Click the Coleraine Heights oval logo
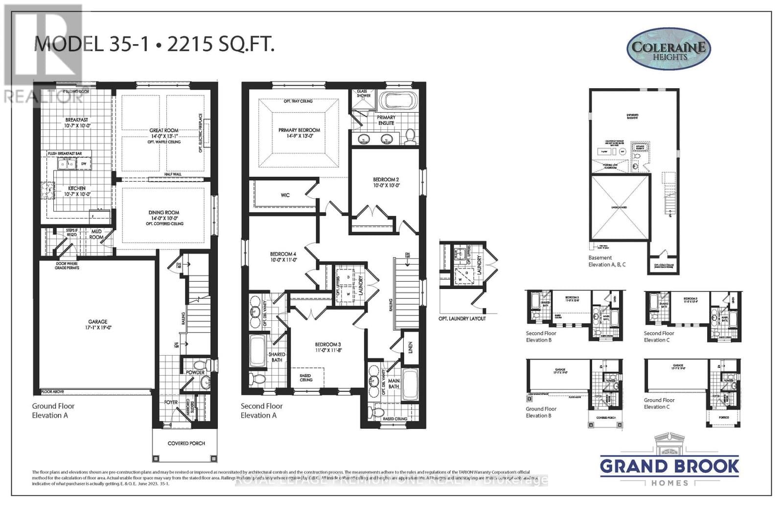[668, 49]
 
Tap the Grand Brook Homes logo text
[669, 466]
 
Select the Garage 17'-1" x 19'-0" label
[98, 324]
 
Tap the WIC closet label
[285, 195]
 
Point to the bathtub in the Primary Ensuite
[397, 101]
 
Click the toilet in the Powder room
[199, 366]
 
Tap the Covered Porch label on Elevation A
[186, 443]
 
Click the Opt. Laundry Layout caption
[462, 318]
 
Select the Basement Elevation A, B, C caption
[607, 261]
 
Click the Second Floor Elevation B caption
[541, 337]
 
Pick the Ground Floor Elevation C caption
[659, 404]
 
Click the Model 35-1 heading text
[154, 44]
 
